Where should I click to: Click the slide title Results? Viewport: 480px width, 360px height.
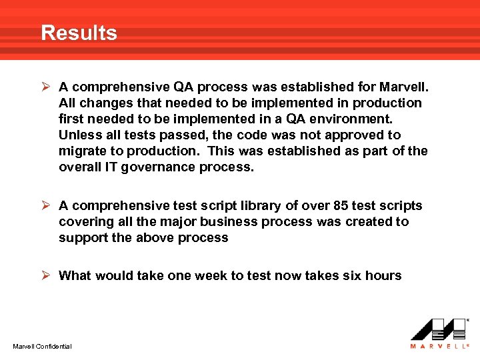pyautogui.click(x=79, y=33)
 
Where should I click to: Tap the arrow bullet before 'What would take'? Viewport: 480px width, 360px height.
pyautogui.click(x=47, y=275)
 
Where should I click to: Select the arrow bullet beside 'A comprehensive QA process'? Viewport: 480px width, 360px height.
pyautogui.click(x=47, y=87)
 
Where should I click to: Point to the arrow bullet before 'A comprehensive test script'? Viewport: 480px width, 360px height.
pyautogui.click(x=47, y=206)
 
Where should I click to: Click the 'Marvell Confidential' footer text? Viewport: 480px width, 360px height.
pyautogui.click(x=43, y=346)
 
